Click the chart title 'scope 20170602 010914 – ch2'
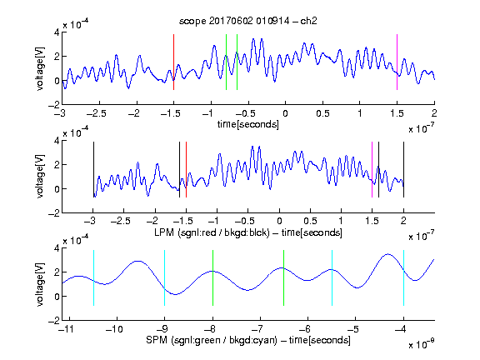248,21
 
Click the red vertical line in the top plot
174,62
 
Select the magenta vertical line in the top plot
397,62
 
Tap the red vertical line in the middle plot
186,170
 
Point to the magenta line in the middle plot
372,170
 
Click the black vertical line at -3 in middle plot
93,170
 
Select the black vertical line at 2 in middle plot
403,170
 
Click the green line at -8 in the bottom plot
212,277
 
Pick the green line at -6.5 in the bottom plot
284,277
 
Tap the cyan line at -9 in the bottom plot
165,277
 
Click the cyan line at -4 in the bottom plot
403,277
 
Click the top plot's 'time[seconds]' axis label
248,124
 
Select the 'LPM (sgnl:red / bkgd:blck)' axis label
212,232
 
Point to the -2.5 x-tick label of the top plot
97,113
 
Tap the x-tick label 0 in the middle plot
279,221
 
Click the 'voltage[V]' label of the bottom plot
40,284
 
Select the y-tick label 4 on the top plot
57,32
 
